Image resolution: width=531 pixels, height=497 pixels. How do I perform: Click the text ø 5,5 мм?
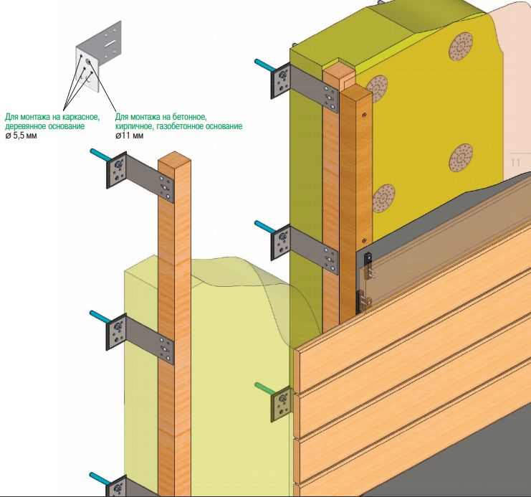22,135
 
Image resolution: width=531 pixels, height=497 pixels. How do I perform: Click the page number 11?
515,163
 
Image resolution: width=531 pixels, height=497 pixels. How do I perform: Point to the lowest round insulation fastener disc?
384,198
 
